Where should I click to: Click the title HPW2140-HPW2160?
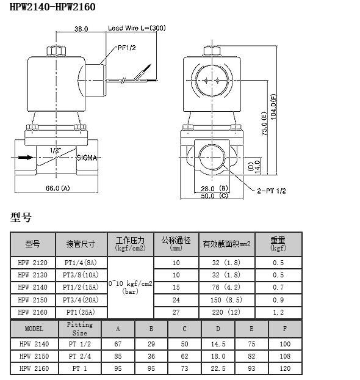52,7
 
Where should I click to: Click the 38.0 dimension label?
81,29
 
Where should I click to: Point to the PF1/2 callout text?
127,48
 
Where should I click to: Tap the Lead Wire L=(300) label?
137,28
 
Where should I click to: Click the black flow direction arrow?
26,157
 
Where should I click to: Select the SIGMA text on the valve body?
87,158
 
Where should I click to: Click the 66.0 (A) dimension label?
58,188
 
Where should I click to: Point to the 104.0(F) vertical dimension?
273,107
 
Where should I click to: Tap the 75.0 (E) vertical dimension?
264,123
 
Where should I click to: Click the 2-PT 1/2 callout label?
272,191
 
